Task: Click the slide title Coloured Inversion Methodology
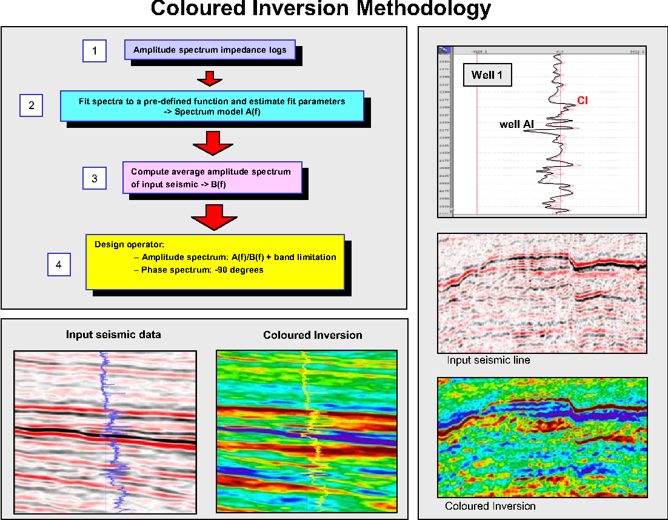pyautogui.click(x=321, y=9)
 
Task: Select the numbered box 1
pyautogui.click(x=94, y=51)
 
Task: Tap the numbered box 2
pyautogui.click(x=31, y=105)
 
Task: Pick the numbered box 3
pyautogui.click(x=94, y=179)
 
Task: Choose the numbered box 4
pyautogui.click(x=58, y=265)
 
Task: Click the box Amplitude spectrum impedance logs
pyautogui.click(x=210, y=50)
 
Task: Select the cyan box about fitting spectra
pyautogui.click(x=212, y=105)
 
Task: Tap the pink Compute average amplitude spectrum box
pyautogui.click(x=212, y=177)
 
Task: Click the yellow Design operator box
pyautogui.click(x=215, y=262)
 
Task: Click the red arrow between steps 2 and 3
pyautogui.click(x=212, y=144)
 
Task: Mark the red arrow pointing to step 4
pyautogui.click(x=212, y=216)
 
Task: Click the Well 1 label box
pyautogui.click(x=487, y=76)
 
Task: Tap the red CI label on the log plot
pyautogui.click(x=582, y=101)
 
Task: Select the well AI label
pyautogui.click(x=516, y=124)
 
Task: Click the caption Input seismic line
pyautogui.click(x=488, y=360)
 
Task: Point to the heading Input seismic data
pyautogui.click(x=113, y=335)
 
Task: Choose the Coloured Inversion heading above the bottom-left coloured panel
pyautogui.click(x=312, y=335)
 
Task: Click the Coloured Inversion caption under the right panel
pyautogui.click(x=490, y=506)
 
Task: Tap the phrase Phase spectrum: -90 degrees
pyautogui.click(x=202, y=270)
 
